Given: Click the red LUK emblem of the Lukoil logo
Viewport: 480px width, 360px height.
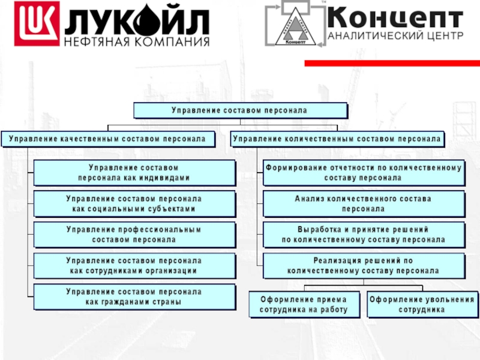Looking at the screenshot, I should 37,24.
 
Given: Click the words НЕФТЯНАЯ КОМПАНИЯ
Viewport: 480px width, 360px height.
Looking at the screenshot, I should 137,42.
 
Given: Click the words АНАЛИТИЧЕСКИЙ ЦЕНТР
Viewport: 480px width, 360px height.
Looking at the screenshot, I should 395,35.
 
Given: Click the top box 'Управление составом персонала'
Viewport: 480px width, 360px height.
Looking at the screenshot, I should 240,110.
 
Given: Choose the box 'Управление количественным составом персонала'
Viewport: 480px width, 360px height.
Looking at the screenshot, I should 337,139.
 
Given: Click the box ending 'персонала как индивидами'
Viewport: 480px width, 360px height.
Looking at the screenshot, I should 134,173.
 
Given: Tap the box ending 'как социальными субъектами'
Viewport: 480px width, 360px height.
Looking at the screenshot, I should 134,204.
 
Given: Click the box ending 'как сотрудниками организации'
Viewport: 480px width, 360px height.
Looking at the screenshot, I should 134,266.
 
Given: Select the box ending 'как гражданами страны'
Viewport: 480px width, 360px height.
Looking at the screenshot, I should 134,297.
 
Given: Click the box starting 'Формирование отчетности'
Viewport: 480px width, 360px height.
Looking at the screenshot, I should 364,173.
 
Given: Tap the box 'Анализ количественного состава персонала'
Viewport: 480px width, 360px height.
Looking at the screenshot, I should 364,204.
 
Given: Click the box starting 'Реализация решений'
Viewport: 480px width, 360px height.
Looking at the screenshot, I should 364,266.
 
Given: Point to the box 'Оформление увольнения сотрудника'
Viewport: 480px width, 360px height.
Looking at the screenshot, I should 422,305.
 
